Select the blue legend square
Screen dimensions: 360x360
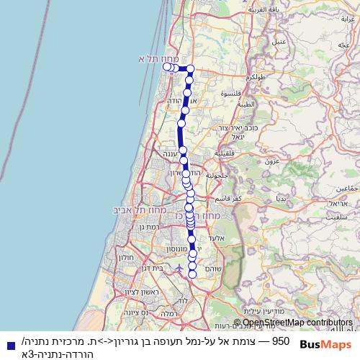click(x=10, y=346)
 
